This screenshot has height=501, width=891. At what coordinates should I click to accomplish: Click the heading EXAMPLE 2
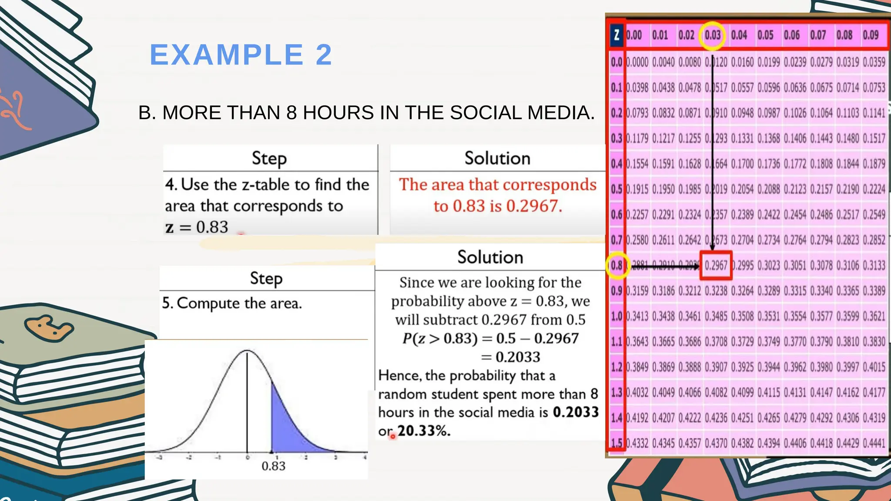coord(241,55)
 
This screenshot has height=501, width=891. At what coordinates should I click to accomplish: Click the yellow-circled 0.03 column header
coord(712,35)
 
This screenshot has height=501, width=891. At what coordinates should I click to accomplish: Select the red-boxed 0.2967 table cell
coord(716,265)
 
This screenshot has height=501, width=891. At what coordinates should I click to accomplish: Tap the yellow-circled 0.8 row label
coord(616,265)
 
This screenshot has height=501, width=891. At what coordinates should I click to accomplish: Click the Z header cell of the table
coord(616,35)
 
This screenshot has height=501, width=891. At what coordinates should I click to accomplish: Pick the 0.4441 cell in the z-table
coord(874,443)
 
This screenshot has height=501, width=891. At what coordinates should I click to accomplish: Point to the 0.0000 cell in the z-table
coord(637,62)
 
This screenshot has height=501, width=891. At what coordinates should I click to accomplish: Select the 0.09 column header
coord(871,35)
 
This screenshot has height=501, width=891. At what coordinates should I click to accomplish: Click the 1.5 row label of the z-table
coord(616,443)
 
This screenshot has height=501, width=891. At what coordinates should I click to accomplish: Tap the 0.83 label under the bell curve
coord(273,466)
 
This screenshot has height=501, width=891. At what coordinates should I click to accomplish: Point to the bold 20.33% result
coord(424,431)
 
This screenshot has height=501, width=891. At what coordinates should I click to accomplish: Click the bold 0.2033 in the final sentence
coord(576,412)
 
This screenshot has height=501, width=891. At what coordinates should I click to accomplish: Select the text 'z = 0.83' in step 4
coord(197,227)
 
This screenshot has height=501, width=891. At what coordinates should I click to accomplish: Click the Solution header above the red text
coord(497,158)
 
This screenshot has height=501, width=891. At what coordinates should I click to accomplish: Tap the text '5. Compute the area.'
coord(232,303)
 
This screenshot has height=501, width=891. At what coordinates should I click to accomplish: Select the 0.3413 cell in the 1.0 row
coord(637,316)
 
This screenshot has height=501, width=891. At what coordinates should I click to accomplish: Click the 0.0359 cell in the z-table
coord(874,62)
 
